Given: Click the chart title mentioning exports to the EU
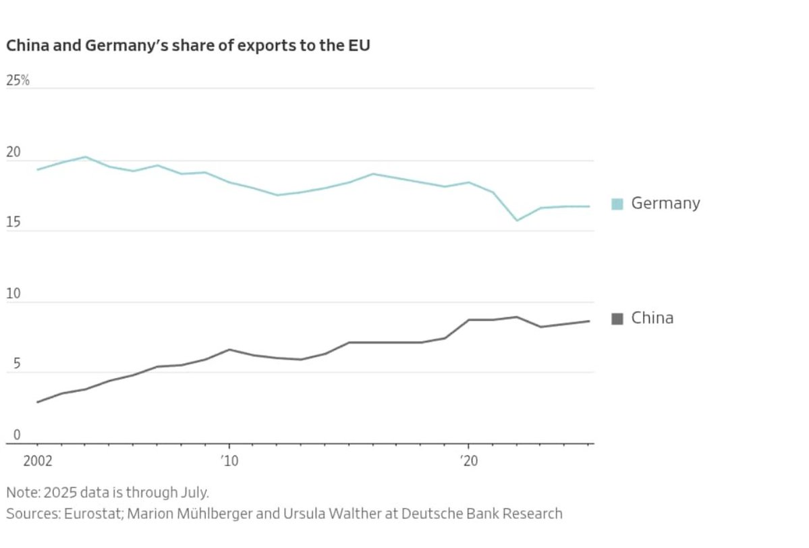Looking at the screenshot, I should pyautogui.click(x=188, y=46).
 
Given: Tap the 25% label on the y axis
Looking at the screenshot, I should pyautogui.click(x=18, y=80).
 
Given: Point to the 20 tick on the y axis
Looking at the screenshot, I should pyautogui.click(x=13, y=153).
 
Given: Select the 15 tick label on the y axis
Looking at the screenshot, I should pyautogui.click(x=13, y=223).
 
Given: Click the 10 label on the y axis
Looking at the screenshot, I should pyautogui.click(x=13, y=294).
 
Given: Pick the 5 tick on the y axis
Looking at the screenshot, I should pyautogui.click(x=9, y=364).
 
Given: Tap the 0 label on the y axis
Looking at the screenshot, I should pyautogui.click(x=9, y=435).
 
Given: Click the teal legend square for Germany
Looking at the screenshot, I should pyautogui.click(x=617, y=204).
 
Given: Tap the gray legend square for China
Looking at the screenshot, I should pyautogui.click(x=617, y=319).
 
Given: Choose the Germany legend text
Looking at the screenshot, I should pyautogui.click(x=665, y=203).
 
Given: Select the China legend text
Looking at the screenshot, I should pyautogui.click(x=652, y=318).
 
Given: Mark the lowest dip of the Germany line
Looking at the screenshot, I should pyautogui.click(x=517, y=221).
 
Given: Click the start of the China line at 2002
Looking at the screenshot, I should pyautogui.click(x=38, y=402).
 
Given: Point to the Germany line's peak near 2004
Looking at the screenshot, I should pyautogui.click(x=86, y=157).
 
